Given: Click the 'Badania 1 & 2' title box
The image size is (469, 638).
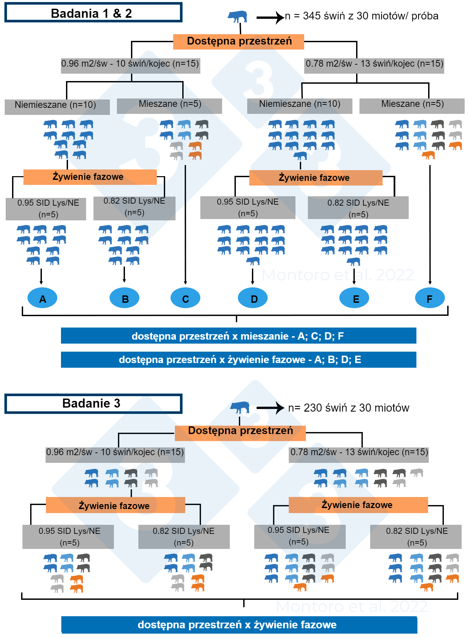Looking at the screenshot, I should [93, 13].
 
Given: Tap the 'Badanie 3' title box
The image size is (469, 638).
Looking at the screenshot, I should [93, 404].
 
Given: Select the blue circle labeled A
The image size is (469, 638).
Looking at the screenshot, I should [42, 298].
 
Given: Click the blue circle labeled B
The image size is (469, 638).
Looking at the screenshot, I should [125, 298].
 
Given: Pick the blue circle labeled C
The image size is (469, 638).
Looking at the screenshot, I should [185, 298].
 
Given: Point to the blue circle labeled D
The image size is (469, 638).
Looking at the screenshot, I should [253, 298].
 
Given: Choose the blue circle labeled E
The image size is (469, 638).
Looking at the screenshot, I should [354, 298].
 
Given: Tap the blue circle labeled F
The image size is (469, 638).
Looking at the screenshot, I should [430, 298].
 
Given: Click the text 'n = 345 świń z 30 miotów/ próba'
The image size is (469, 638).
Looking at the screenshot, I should [362, 16].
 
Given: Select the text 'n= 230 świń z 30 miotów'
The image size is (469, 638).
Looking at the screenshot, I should [349, 408].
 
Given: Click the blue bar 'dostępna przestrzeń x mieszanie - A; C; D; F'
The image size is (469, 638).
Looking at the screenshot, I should [239, 336].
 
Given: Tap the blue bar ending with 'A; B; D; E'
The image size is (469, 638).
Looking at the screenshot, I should [239, 360].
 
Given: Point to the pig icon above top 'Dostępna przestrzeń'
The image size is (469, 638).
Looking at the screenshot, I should [238, 16].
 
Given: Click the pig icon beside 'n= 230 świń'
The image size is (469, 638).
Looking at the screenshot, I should [240, 408].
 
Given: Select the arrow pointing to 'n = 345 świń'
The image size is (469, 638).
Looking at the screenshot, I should [270, 17].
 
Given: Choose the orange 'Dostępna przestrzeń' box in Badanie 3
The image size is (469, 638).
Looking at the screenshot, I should [240, 432].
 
